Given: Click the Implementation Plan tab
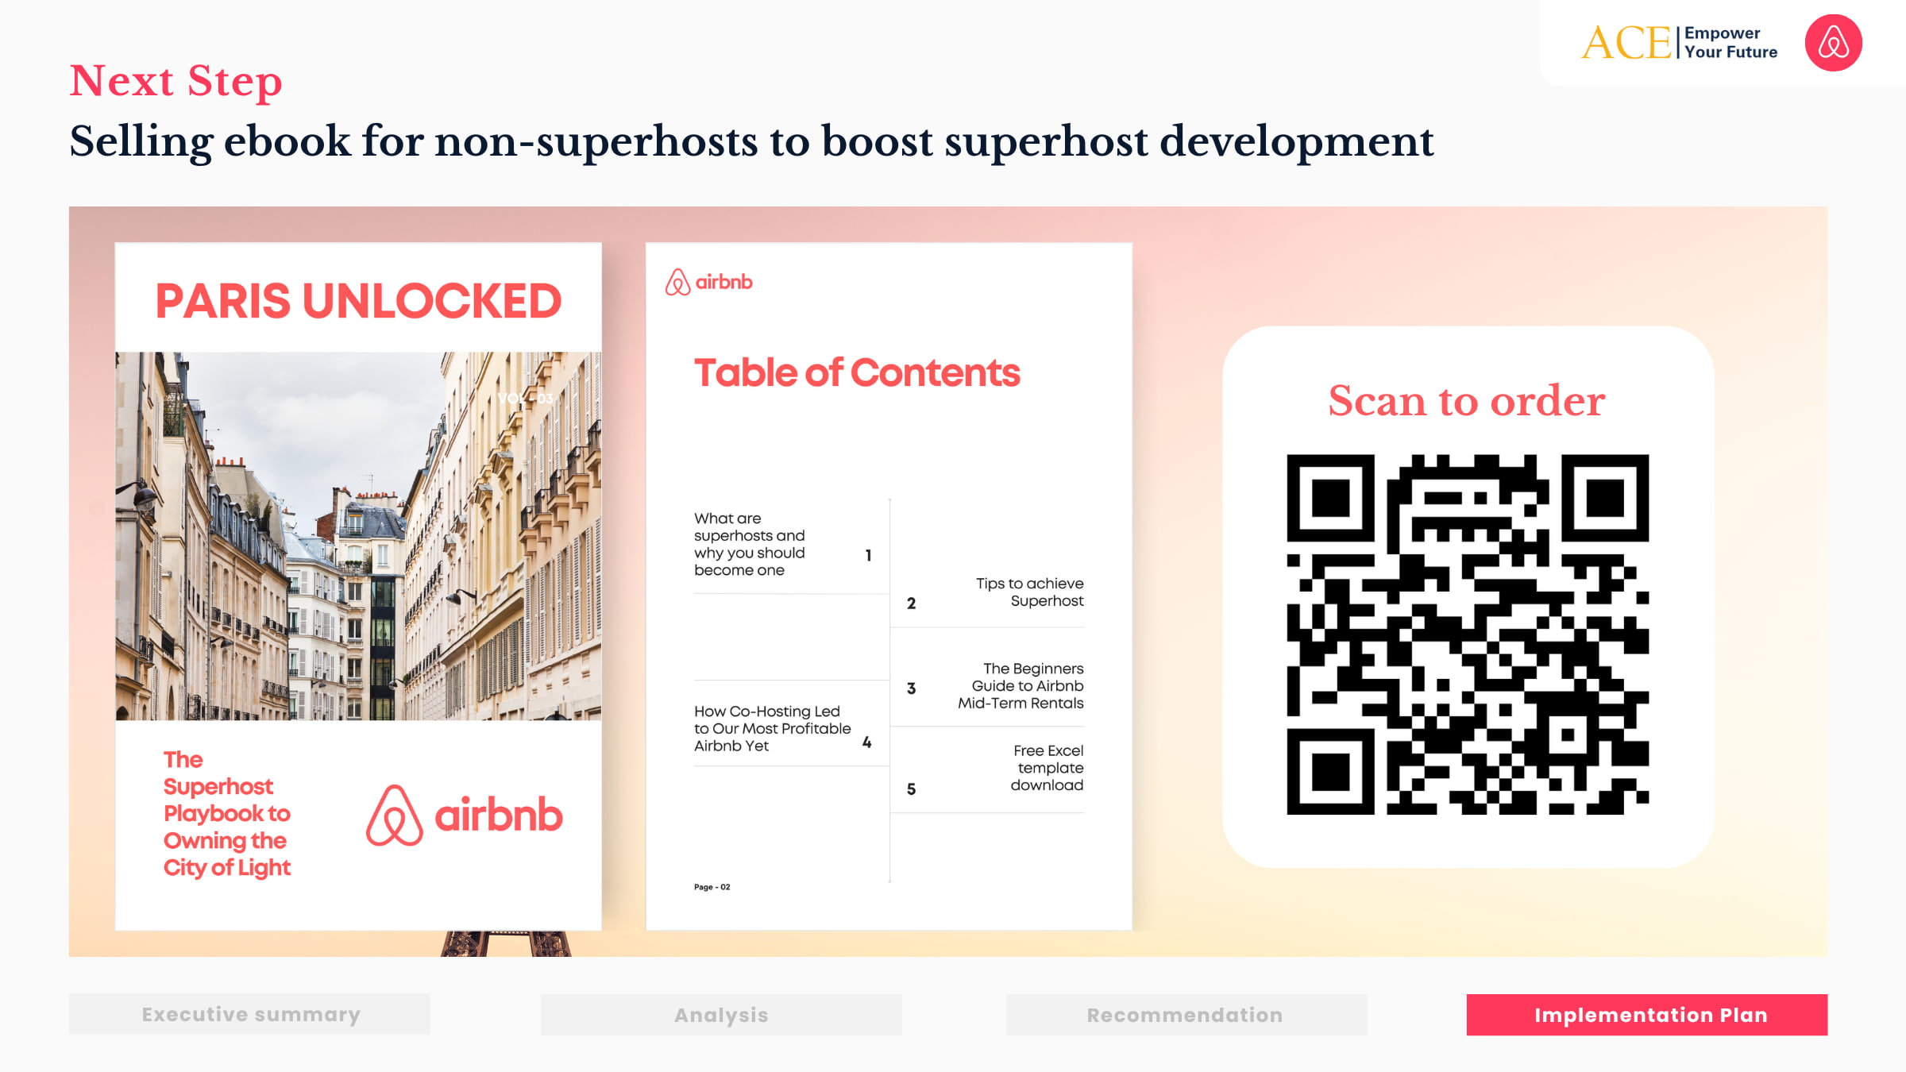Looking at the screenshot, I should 1646,1015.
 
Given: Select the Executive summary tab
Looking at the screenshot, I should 249,1014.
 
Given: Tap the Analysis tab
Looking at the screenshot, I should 721,1015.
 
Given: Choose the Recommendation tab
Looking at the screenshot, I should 1186,1015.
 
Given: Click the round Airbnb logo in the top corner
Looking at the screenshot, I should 1833,43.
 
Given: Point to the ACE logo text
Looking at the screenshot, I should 1626,43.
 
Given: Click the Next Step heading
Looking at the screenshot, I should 176,81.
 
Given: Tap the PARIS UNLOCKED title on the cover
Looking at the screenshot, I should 358,301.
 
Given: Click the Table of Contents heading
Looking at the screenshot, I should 856,372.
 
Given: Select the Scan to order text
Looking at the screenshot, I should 1467,400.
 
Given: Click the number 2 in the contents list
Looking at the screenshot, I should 911,603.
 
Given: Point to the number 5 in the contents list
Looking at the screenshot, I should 911,789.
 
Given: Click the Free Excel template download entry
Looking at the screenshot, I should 1047,768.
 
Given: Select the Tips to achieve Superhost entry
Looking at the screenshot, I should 1029,592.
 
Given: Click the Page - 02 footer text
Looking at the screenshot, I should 712,887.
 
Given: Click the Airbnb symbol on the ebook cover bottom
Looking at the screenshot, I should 394,816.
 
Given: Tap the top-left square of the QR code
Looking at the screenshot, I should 1330,498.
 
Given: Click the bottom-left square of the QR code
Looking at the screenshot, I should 1330,771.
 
